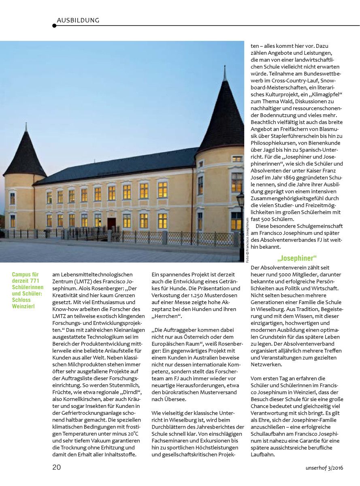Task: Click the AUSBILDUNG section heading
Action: (78, 20)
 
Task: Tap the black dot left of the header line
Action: (54, 26)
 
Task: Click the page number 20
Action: (57, 467)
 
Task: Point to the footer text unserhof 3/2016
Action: (324, 468)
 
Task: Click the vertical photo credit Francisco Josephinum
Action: (247, 241)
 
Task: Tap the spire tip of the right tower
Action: (224, 67)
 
